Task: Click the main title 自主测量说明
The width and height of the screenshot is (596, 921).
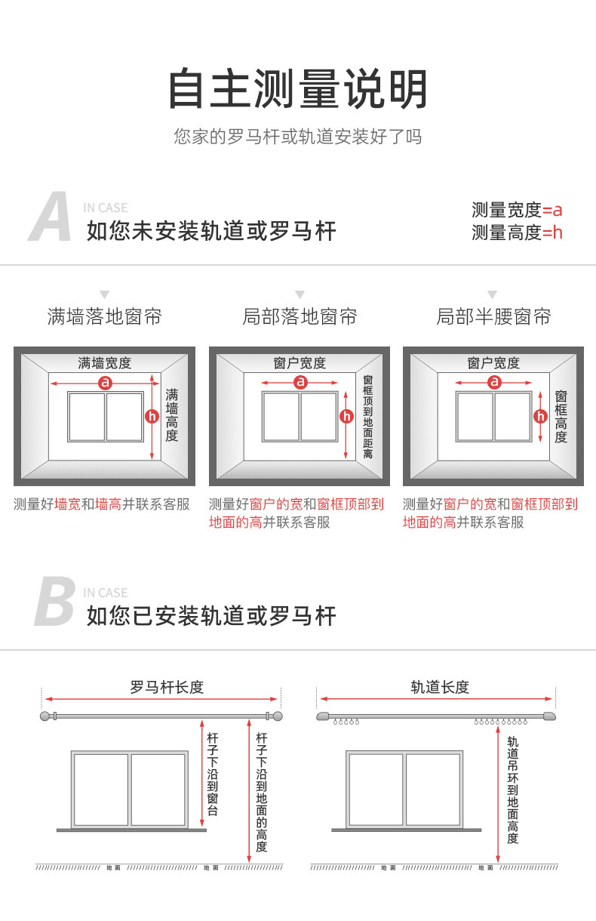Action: (x=298, y=89)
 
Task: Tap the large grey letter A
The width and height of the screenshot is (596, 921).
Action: (x=51, y=219)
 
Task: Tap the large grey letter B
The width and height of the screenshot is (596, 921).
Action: (x=54, y=603)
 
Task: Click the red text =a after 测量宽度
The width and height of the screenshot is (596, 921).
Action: (x=553, y=210)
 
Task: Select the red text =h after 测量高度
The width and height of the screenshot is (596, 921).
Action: (x=553, y=233)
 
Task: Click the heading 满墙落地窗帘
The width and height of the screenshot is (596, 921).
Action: (x=104, y=316)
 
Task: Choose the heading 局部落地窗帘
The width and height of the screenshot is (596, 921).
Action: (x=300, y=316)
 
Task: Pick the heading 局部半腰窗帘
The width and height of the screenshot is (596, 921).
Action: (x=493, y=316)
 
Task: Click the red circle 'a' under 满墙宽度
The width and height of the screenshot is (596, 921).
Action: (x=105, y=383)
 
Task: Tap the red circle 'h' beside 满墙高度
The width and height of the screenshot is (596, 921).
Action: (x=152, y=416)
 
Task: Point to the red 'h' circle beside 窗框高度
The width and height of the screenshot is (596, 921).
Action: (x=540, y=416)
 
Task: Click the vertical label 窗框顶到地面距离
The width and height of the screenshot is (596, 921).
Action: (x=367, y=417)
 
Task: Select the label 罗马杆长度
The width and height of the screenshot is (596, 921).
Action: (x=167, y=687)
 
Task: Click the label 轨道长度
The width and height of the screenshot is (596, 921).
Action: (x=440, y=687)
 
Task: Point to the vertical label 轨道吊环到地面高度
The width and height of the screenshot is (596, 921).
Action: (x=513, y=790)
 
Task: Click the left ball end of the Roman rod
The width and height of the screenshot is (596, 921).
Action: (x=45, y=716)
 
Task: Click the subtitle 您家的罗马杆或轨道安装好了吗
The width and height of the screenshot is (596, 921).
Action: (x=298, y=137)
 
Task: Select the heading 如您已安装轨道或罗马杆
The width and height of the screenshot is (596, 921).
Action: (x=211, y=616)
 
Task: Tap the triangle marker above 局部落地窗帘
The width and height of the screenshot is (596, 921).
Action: (x=300, y=294)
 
